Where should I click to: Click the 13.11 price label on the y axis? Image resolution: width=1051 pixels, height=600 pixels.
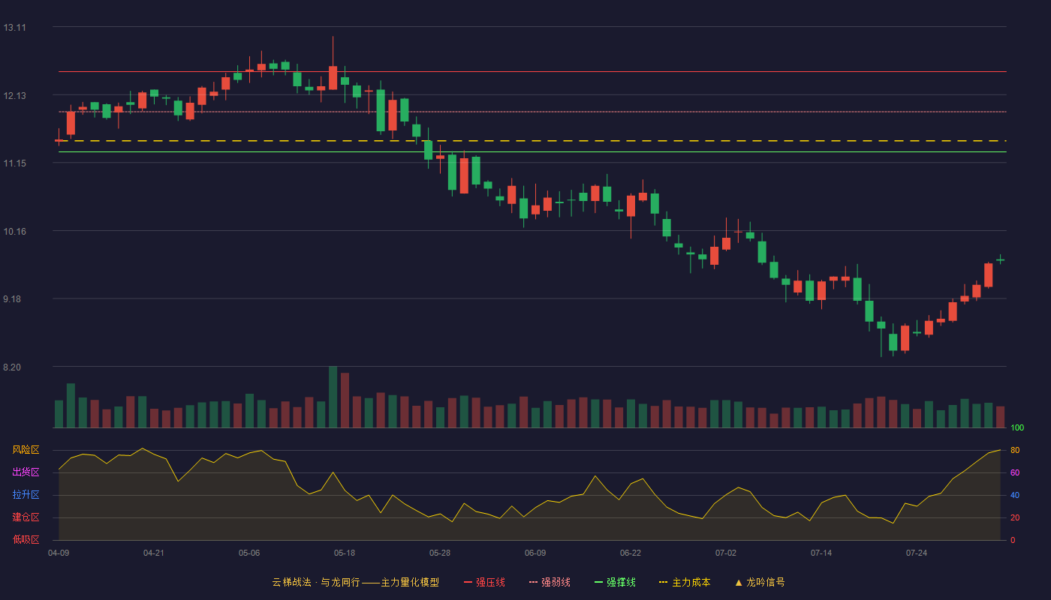(x=14, y=28)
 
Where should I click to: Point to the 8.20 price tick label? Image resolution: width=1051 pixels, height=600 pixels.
(x=12, y=367)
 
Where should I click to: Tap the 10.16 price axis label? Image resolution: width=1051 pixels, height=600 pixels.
(x=14, y=232)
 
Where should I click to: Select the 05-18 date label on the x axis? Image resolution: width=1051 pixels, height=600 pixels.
(x=345, y=553)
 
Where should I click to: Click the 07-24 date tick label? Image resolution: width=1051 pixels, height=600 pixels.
(x=917, y=553)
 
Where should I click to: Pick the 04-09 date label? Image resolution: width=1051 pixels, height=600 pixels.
(x=59, y=553)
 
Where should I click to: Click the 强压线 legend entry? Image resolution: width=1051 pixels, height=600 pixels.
(x=484, y=582)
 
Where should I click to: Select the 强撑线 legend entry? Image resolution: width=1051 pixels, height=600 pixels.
(x=615, y=582)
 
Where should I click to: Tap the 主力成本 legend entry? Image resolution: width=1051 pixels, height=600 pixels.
(x=685, y=582)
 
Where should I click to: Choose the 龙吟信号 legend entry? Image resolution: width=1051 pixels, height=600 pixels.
(x=760, y=582)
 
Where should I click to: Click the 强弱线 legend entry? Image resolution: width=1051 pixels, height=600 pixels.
(x=550, y=582)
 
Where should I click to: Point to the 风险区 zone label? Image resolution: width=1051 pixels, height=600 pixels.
(x=26, y=450)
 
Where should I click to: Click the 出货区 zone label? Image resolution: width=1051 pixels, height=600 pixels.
(x=26, y=472)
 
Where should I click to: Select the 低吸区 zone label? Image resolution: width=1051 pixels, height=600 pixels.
(x=26, y=539)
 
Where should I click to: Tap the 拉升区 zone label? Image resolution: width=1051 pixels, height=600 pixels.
(x=26, y=494)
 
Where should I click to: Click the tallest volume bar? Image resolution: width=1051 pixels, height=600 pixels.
(x=333, y=397)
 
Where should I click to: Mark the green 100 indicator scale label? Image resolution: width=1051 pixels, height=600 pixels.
(x=1017, y=427)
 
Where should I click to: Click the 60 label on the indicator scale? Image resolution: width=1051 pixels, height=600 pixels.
(x=1015, y=472)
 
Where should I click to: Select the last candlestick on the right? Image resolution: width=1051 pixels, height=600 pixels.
(x=1000, y=259)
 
